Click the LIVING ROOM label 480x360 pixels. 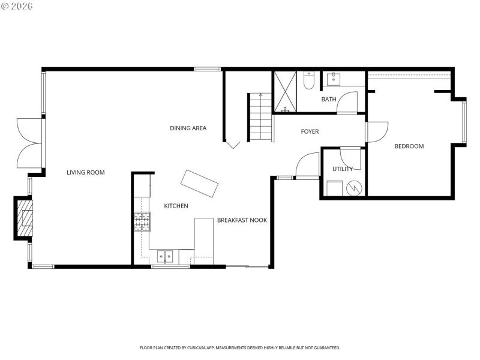(85, 173)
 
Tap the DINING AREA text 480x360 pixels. (188, 128)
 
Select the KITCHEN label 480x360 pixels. (176, 206)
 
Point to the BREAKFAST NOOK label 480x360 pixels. (242, 220)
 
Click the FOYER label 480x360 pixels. (310, 131)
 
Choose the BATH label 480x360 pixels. (328, 100)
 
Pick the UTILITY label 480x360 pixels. (343, 169)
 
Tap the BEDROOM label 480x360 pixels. (409, 146)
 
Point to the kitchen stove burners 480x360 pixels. (142, 221)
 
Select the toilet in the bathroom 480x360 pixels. (309, 81)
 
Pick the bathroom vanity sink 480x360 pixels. (331, 79)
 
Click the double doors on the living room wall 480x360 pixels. (30, 142)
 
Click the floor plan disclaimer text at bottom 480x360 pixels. (240, 347)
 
